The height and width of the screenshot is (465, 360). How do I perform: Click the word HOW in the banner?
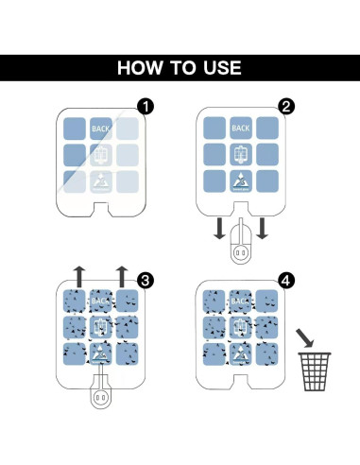click(141, 68)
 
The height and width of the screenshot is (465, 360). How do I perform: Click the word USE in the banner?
click(222, 68)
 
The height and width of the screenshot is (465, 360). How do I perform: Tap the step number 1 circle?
click(146, 107)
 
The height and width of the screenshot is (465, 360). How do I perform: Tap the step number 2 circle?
click(286, 107)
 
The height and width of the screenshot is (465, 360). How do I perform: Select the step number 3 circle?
click(146, 280)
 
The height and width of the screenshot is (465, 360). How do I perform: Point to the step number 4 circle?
click(285, 280)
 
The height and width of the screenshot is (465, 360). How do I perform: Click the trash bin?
click(315, 371)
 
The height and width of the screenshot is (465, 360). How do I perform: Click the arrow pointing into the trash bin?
click(305, 337)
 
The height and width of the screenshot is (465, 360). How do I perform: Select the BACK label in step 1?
click(100, 129)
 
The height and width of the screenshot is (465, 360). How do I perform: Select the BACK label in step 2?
click(241, 129)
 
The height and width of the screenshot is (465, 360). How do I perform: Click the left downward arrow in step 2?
click(219, 229)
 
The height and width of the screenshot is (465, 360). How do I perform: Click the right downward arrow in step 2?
click(262, 229)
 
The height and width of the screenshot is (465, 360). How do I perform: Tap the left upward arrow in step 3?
click(79, 277)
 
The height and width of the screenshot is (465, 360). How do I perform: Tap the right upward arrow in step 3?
click(122, 277)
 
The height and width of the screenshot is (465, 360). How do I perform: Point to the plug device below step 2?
click(241, 242)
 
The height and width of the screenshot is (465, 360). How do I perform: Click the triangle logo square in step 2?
click(241, 181)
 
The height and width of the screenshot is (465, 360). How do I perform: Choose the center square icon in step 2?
click(241, 154)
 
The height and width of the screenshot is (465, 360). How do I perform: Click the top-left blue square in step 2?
click(214, 128)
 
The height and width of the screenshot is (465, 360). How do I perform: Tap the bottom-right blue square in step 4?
click(267, 354)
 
